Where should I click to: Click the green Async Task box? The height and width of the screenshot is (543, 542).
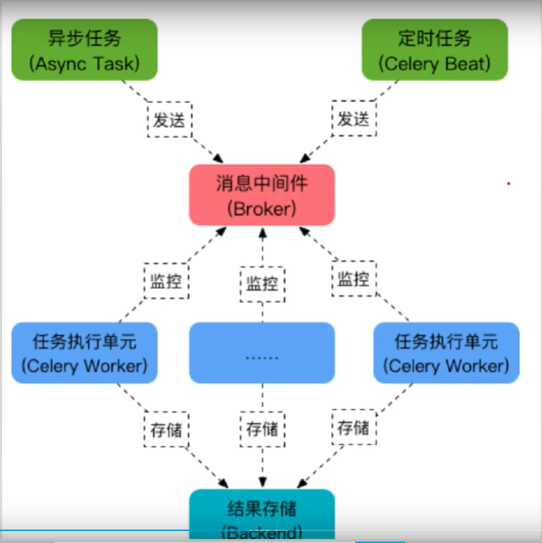point(84,50)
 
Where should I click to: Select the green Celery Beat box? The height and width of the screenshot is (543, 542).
point(434,50)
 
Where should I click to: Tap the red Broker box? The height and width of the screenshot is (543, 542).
point(262,195)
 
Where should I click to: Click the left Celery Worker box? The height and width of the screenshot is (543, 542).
point(84,353)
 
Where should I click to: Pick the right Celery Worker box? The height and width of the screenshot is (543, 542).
point(446,353)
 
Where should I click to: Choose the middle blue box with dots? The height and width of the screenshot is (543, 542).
point(262,353)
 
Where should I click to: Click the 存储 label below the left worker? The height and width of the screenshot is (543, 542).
point(167,429)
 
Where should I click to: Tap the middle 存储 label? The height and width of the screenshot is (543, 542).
point(262,429)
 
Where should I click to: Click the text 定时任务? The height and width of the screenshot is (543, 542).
point(434,38)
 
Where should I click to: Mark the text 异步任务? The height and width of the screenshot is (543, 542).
point(84,38)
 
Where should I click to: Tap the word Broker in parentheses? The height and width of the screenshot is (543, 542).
point(262,208)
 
